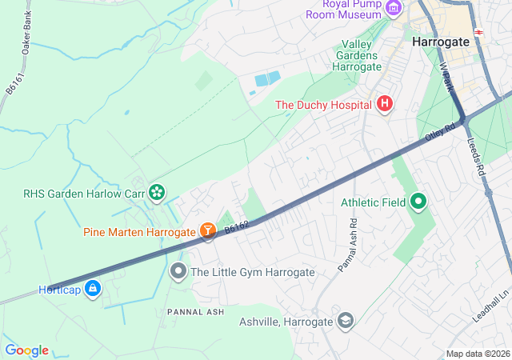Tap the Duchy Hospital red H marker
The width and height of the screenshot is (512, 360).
(385, 104)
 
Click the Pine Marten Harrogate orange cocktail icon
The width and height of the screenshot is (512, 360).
(208, 232)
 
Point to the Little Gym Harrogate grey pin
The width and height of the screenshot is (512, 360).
(178, 272)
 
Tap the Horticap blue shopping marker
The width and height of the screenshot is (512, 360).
(93, 288)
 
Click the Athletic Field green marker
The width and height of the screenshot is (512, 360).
(418, 202)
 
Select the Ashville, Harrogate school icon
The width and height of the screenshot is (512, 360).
(346, 322)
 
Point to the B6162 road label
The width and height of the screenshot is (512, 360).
(237, 229)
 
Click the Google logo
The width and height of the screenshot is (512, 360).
(26, 350)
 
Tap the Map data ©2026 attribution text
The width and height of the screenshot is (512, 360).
(477, 354)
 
